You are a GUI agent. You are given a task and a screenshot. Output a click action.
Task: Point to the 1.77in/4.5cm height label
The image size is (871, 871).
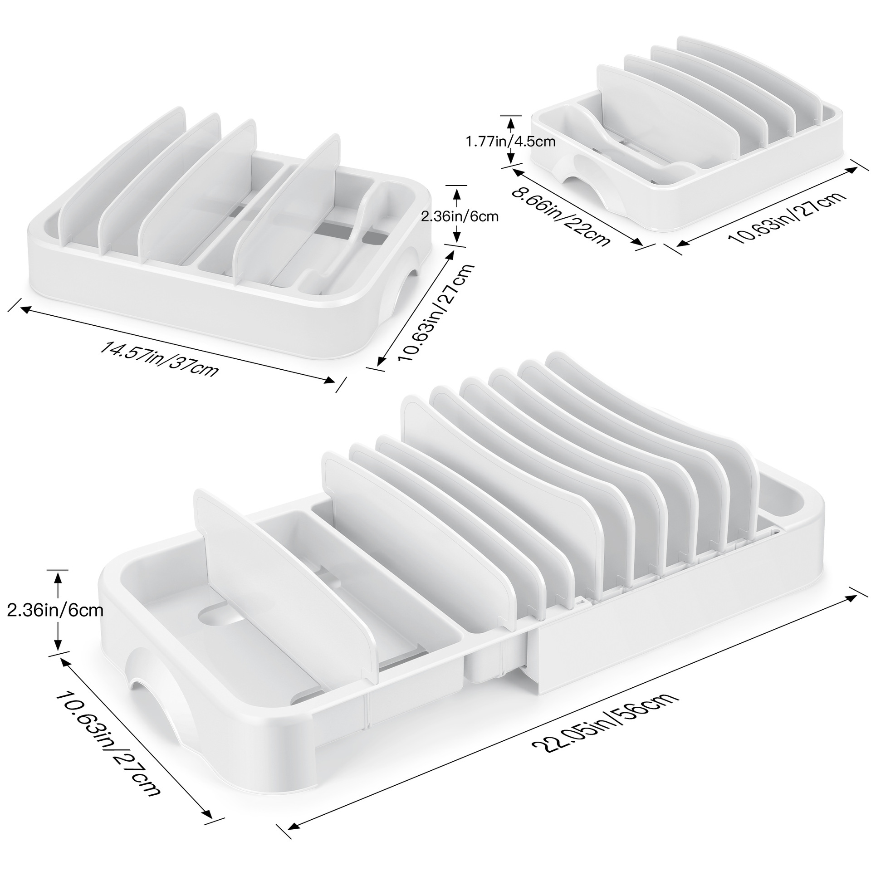coord(511,142)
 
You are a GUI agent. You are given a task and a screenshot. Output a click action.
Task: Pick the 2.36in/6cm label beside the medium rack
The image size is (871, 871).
coord(460,216)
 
